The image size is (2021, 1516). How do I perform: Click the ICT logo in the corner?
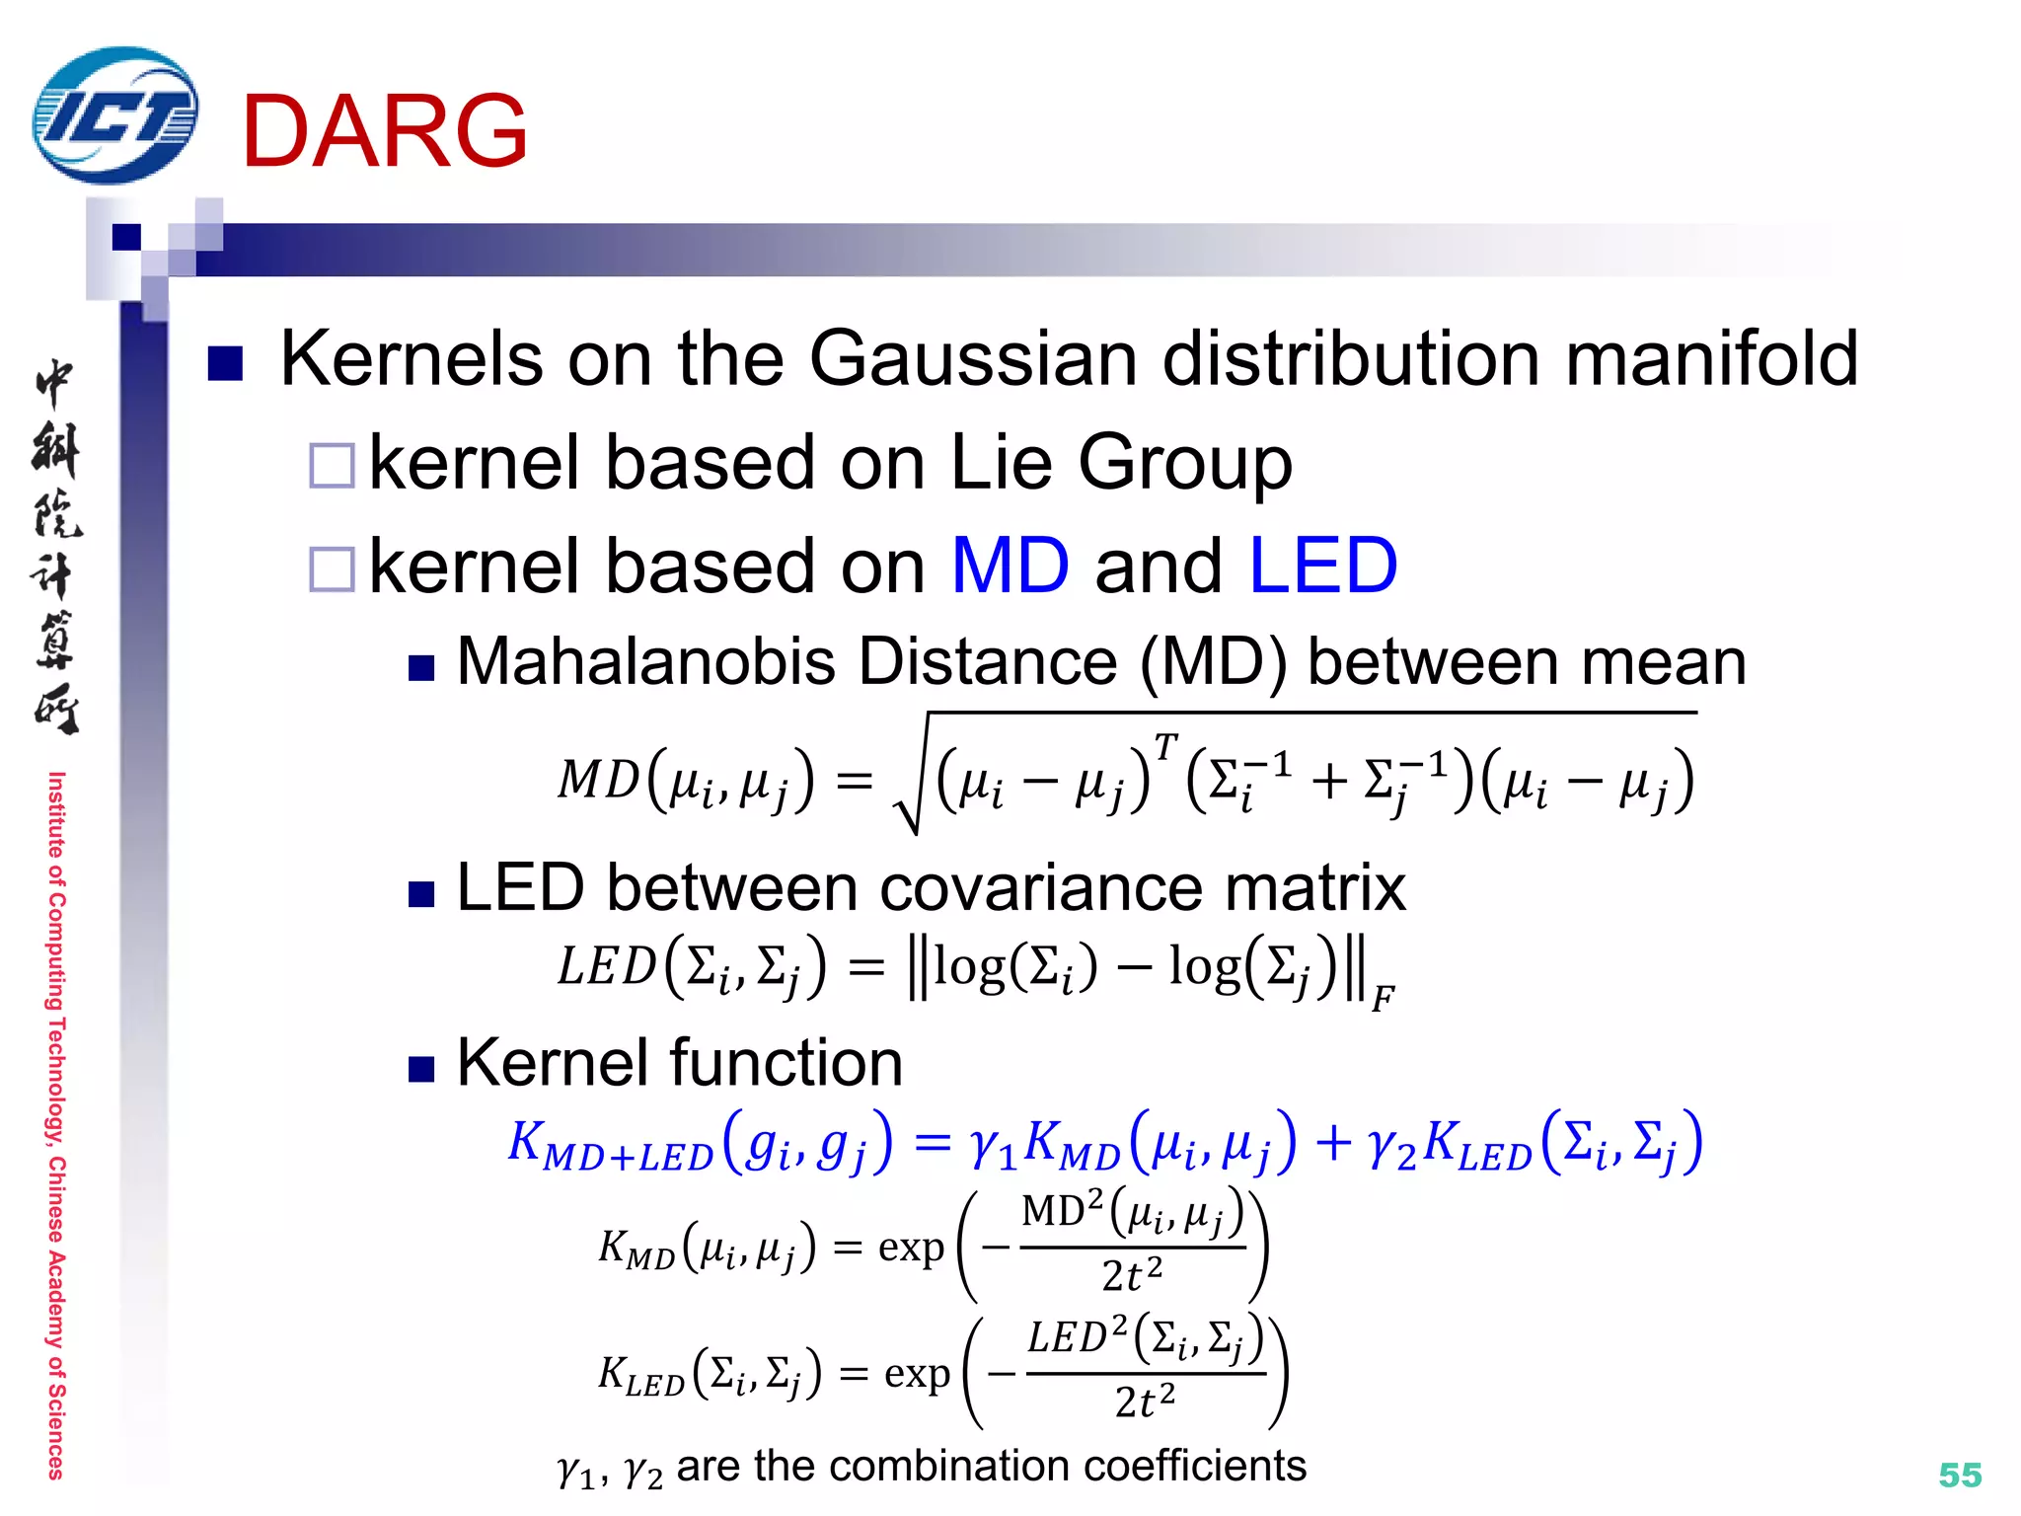coord(114,115)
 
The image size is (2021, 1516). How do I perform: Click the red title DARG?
coord(384,131)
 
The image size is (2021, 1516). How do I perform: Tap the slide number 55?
coord(1960,1475)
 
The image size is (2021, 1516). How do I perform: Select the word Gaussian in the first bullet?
coord(973,358)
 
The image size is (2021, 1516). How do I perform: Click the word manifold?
coord(1711,358)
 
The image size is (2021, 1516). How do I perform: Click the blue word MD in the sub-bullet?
coord(1010,567)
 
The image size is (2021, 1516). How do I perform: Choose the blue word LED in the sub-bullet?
coord(1322,567)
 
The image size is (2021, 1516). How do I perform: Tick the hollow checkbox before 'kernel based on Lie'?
coord(332,466)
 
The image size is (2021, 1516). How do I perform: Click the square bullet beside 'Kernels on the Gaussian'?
coord(225,363)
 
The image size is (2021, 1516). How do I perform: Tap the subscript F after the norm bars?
coord(1383,999)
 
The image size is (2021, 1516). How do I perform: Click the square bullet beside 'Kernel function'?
coord(421,1069)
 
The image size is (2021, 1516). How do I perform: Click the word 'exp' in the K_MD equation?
coord(911,1248)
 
